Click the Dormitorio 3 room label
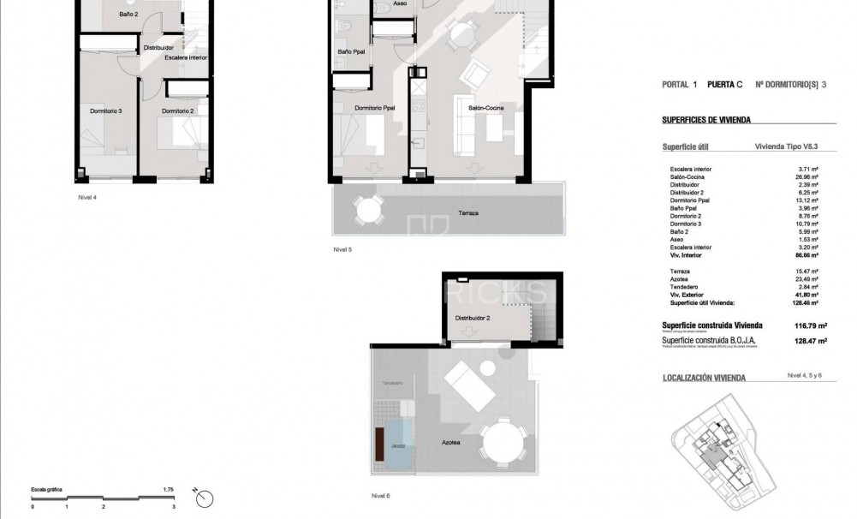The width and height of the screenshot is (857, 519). click(x=107, y=111)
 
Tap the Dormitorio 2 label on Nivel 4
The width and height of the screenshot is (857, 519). click(x=179, y=111)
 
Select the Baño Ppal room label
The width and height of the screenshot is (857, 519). click(x=352, y=52)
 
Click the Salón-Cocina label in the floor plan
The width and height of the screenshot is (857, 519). click(x=485, y=108)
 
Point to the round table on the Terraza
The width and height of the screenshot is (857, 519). click(x=368, y=209)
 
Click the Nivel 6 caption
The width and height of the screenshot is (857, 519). click(x=381, y=496)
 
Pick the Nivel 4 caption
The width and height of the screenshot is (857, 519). click(x=87, y=196)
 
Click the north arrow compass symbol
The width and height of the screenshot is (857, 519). click(x=204, y=497)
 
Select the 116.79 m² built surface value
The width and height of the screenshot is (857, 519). click(x=803, y=325)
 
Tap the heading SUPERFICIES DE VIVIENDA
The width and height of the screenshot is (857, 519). click(x=706, y=121)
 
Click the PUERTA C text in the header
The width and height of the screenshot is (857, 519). click(x=724, y=85)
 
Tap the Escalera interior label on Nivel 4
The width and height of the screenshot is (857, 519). click(x=185, y=57)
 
